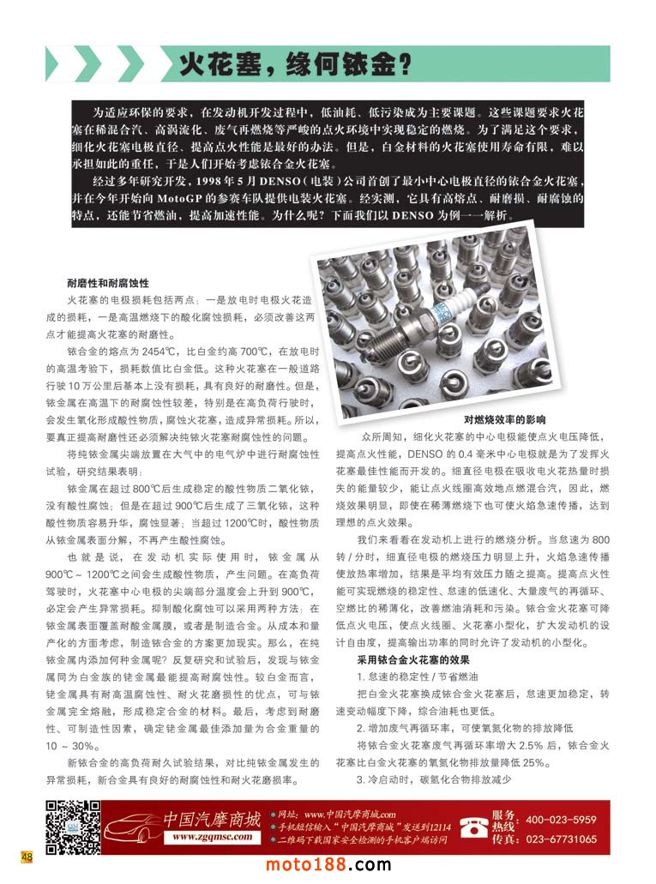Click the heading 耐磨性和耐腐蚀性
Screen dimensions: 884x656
(x=109, y=282)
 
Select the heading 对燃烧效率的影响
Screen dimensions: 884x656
(x=504, y=419)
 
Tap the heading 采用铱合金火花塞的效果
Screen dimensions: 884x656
(x=413, y=659)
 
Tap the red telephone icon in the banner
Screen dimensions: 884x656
(x=473, y=827)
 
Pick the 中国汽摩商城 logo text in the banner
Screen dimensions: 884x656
(x=212, y=818)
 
